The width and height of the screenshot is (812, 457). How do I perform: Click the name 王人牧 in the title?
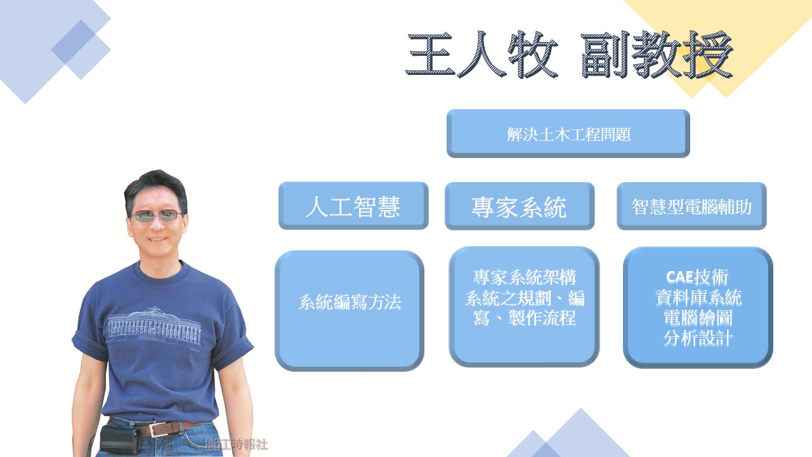tap(481, 55)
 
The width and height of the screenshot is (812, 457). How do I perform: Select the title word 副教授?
tap(657, 55)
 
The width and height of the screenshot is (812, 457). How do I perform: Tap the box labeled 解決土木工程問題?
tap(568, 133)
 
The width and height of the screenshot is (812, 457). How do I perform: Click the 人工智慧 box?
tap(353, 206)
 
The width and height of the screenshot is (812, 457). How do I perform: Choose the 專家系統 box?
tap(520, 206)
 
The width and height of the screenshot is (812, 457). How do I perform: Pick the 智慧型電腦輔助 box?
tap(691, 206)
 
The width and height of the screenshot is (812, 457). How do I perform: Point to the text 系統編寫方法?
tap(350, 301)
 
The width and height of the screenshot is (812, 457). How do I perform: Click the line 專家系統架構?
tap(525, 277)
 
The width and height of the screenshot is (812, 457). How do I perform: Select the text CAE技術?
tap(697, 277)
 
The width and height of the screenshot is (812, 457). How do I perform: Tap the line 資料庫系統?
tap(698, 298)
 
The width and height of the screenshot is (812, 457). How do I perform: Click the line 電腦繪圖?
tap(698, 318)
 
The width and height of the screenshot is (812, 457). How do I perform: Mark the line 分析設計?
tap(698, 338)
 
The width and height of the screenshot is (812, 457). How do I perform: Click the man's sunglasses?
tap(156, 215)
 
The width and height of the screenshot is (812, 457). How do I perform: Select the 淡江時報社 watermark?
tap(237, 444)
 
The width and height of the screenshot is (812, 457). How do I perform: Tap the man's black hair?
tap(156, 185)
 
